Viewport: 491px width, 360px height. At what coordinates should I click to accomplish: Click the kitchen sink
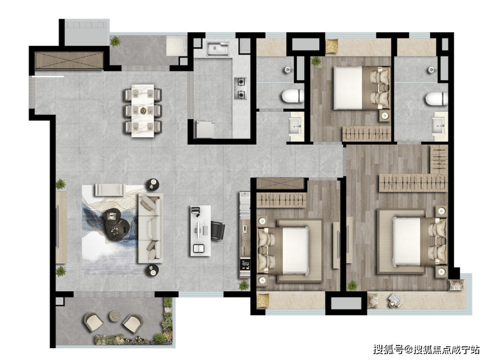(218, 49)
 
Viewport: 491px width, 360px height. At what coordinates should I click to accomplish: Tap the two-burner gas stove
(240, 88)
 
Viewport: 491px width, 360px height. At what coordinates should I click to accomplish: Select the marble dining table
(143, 110)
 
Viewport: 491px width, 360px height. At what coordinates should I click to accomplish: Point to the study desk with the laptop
(200, 231)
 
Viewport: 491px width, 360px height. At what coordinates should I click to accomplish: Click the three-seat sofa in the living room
(150, 228)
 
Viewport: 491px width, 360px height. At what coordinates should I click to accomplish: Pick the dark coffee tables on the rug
(116, 224)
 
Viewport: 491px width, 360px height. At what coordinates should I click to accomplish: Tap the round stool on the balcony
(115, 316)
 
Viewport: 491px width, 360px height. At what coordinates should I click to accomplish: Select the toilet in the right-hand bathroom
(436, 99)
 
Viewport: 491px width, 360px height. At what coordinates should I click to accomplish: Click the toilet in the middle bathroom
(293, 96)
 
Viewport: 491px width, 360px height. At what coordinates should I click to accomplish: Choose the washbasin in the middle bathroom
(296, 126)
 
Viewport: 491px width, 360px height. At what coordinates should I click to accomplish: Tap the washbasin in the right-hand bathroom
(440, 126)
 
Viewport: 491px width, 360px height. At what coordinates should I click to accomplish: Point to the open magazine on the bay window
(395, 300)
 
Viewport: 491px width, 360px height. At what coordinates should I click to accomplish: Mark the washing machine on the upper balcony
(176, 46)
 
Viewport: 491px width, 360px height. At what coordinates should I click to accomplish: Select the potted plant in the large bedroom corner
(352, 285)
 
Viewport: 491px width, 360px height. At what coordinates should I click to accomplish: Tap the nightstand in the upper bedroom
(385, 116)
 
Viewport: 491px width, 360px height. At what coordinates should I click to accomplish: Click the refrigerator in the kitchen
(205, 128)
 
